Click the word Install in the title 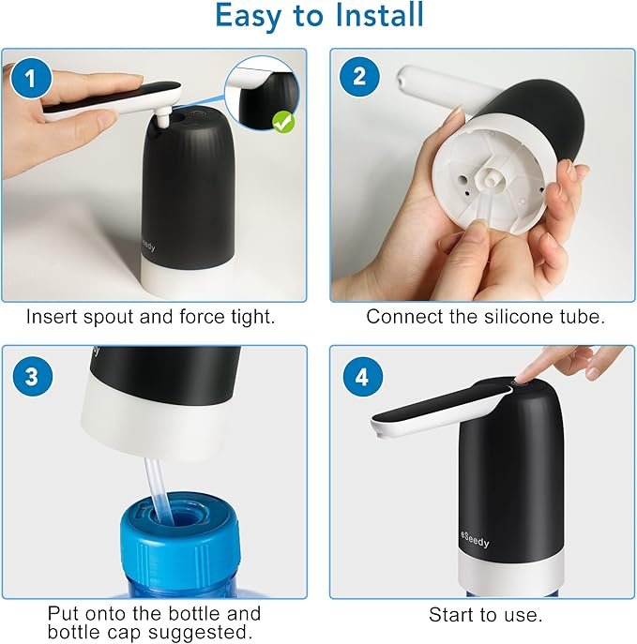click(x=379, y=16)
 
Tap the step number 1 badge click(x=31, y=78)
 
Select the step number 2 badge click(x=359, y=77)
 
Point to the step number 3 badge click(x=33, y=376)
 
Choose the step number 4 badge click(x=362, y=377)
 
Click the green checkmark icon click(x=283, y=123)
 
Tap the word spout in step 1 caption click(x=108, y=318)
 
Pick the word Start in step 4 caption click(x=452, y=615)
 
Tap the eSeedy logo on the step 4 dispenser click(x=475, y=540)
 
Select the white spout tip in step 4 click(x=381, y=427)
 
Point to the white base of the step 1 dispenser click(x=188, y=279)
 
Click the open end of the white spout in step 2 click(x=404, y=77)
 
